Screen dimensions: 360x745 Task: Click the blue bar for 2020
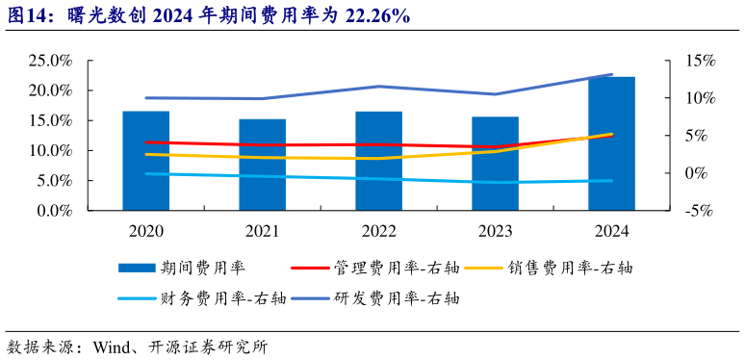tap(145, 161)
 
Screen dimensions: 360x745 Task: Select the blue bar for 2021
tap(263, 165)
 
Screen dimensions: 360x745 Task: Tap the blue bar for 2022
tap(378, 161)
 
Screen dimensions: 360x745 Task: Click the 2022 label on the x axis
tap(378, 231)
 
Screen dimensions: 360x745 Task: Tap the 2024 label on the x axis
tap(611, 231)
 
